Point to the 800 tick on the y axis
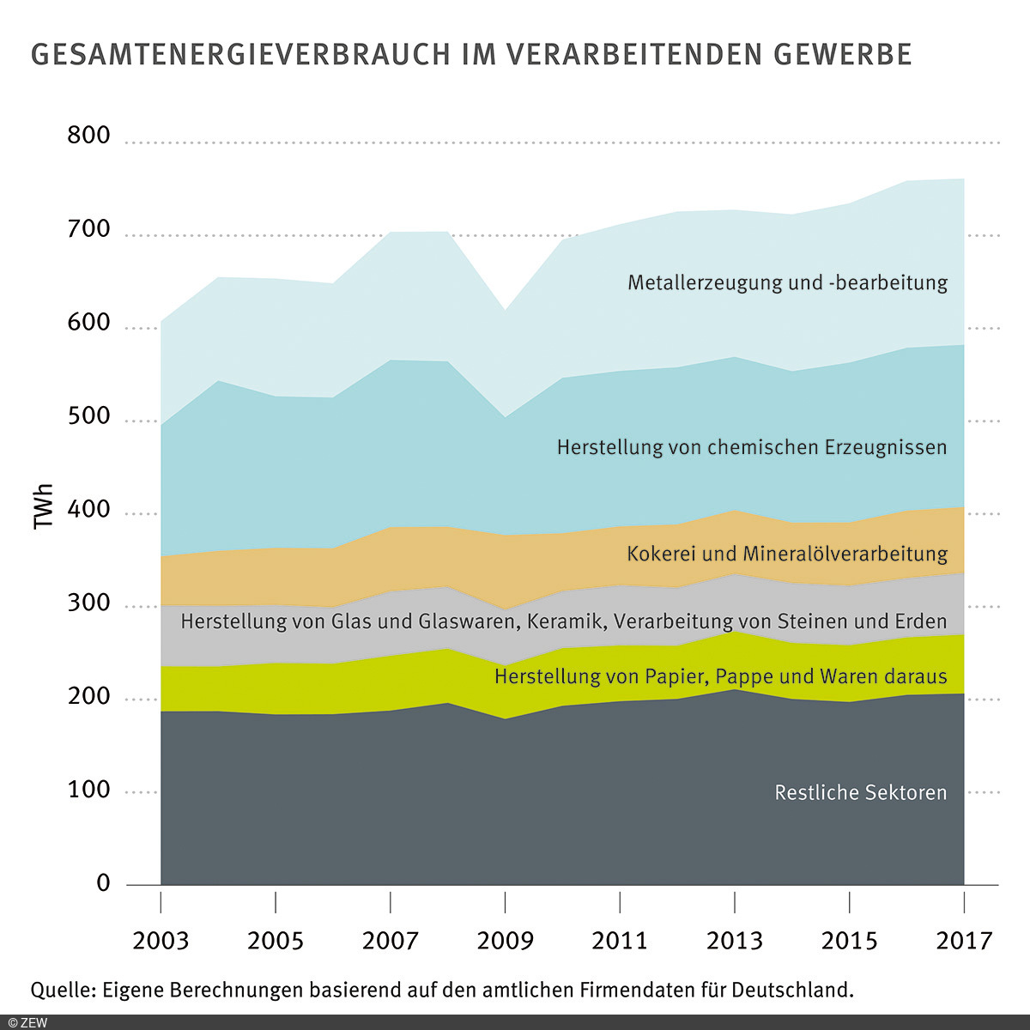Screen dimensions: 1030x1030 coord(89,136)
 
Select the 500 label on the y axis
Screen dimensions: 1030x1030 coord(89,416)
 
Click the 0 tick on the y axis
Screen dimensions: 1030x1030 coord(104,882)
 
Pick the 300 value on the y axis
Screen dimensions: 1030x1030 coord(89,603)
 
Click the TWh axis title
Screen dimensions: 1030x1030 coord(44,506)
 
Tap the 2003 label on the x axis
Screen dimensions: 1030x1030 coord(161,941)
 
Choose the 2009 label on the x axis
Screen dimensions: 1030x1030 coord(505,941)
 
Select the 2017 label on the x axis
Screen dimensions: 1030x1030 coord(964,941)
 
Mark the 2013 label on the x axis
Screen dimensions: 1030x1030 coord(734,941)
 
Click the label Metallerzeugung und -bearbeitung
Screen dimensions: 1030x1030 coord(787,282)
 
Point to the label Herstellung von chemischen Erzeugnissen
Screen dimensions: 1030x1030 coord(752,447)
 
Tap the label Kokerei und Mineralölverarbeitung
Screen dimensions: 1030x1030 coord(787,554)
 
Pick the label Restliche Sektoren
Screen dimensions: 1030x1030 coord(860,792)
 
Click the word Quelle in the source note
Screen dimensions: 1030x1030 coord(63,990)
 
